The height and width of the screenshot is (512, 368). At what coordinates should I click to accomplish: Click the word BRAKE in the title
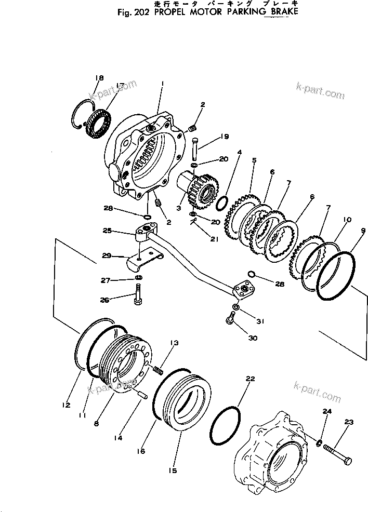[281, 11]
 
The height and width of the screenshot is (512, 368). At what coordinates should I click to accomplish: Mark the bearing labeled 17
[98, 124]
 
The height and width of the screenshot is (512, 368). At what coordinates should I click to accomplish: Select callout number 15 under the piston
[173, 470]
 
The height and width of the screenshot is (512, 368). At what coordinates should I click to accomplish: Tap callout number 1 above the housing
[163, 83]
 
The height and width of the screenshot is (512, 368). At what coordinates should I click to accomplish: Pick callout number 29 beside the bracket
[106, 256]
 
